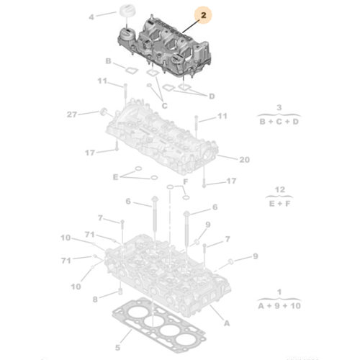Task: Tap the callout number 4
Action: (x=91, y=16)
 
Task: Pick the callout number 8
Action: (x=94, y=299)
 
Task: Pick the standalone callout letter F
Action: (x=185, y=182)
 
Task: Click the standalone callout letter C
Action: (x=164, y=106)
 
